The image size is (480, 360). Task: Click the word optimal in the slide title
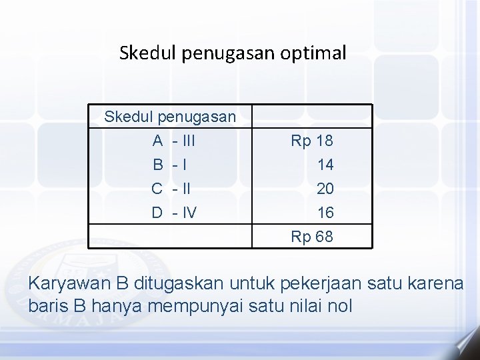point(316,53)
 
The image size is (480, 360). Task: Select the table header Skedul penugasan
point(170,117)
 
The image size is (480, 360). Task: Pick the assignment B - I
point(169,165)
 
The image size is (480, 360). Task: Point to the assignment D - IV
point(173,213)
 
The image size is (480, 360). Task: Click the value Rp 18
point(312,141)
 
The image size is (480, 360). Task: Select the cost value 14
point(325,165)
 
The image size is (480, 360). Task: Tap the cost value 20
point(325,189)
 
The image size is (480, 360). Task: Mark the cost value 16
point(325,213)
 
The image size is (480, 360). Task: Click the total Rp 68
point(312,237)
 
